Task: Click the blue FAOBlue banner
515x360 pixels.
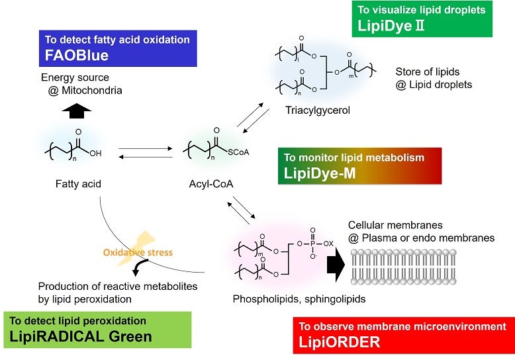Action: (118, 48)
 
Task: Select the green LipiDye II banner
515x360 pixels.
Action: (422, 19)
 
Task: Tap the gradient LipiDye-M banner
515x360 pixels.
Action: (359, 166)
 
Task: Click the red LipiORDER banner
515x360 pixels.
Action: (404, 336)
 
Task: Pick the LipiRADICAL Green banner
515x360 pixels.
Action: (97, 330)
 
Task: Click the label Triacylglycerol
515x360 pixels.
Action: (318, 110)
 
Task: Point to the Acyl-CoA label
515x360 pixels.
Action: (211, 184)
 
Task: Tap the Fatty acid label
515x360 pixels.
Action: (78, 184)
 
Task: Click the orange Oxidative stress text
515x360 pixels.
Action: (138, 252)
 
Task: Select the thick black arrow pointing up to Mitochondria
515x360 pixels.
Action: (77, 111)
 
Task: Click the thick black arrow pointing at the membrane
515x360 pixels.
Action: (336, 264)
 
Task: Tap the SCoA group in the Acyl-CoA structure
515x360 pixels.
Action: (238, 152)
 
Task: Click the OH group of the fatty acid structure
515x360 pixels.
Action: (95, 154)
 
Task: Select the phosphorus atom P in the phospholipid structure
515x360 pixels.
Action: (312, 244)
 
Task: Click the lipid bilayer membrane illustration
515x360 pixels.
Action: (404, 267)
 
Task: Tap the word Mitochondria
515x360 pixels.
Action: (92, 90)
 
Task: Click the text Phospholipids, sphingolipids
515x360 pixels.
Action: (299, 299)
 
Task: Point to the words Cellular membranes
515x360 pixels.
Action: (395, 225)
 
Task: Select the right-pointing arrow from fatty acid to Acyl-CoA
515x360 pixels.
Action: (146, 148)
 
